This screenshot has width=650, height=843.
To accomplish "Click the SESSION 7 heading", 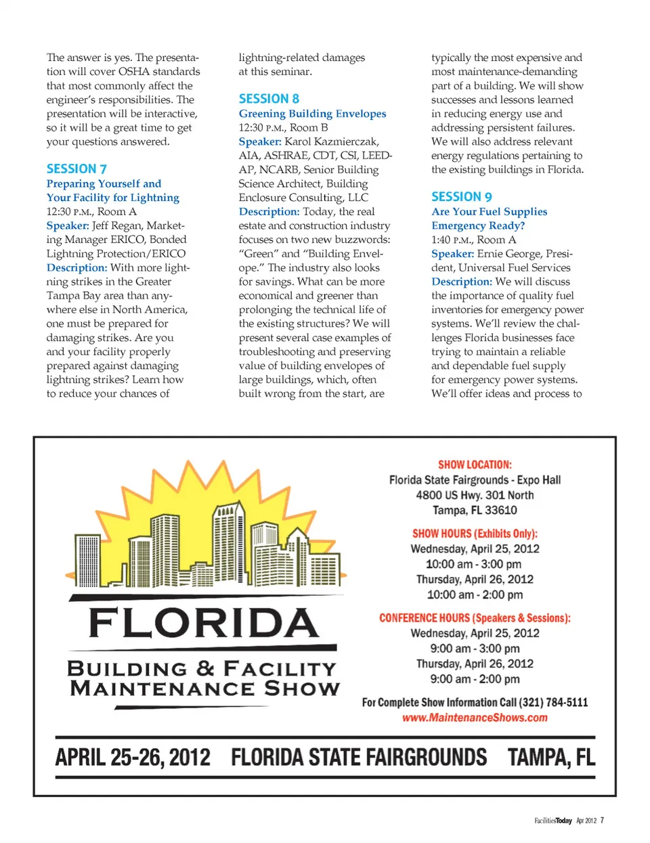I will click(x=77, y=169).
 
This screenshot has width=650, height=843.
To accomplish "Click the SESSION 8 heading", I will click(x=269, y=99).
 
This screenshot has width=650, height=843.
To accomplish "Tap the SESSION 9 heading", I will click(x=461, y=196).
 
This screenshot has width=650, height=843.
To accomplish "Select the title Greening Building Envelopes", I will click(x=312, y=114).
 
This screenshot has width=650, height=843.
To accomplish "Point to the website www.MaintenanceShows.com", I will click(x=475, y=718).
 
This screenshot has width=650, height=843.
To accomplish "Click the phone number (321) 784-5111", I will click(x=553, y=702).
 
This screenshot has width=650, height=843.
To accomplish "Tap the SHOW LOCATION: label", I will click(x=475, y=464).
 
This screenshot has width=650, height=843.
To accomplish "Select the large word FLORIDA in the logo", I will click(x=203, y=623).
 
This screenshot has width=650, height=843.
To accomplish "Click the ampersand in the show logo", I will click(x=205, y=668).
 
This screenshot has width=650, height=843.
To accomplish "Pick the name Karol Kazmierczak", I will click(x=332, y=142).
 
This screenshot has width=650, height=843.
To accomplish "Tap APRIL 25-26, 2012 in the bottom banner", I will click(x=133, y=757).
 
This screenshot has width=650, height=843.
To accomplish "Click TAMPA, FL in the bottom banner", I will click(x=551, y=757).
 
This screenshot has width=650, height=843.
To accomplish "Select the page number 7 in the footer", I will click(x=602, y=821).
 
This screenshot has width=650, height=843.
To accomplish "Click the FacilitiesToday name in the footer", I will click(x=553, y=821).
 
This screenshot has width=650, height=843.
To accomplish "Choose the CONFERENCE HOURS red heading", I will click(x=475, y=618).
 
